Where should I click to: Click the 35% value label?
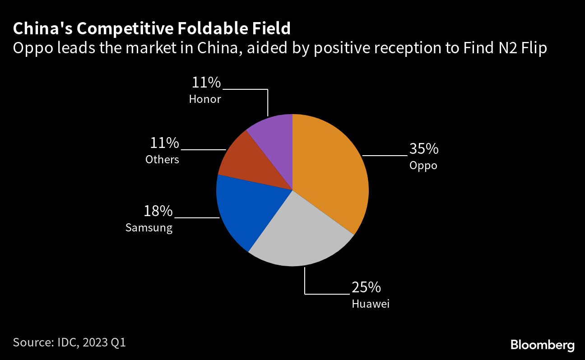click(x=423, y=148)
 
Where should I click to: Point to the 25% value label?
click(x=367, y=287)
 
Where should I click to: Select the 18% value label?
click(x=158, y=211)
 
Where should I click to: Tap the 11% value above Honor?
click(x=206, y=83)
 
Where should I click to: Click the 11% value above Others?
click(x=164, y=143)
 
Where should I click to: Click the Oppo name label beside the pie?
click(x=423, y=166)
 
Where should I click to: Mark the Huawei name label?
click(x=370, y=304)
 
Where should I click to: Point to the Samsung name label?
click(x=149, y=228)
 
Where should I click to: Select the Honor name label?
click(x=205, y=99)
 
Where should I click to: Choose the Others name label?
click(x=162, y=159)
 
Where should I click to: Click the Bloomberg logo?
click(x=543, y=346)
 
